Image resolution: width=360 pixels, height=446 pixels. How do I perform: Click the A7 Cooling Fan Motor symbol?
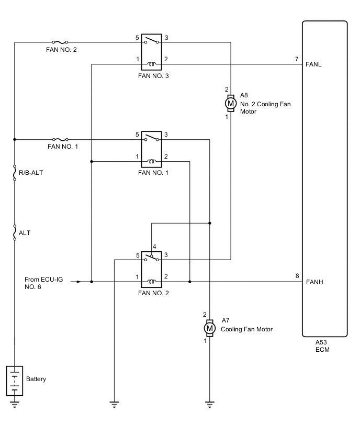(x=209, y=328)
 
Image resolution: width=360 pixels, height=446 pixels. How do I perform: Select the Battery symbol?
(x=15, y=381)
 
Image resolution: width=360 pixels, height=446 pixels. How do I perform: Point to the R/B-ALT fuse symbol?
(x=15, y=172)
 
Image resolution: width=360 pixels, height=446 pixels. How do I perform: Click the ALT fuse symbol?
(x=15, y=232)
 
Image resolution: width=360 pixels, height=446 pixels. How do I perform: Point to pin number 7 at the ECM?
(x=297, y=60)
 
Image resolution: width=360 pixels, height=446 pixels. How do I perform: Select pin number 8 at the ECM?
(x=297, y=276)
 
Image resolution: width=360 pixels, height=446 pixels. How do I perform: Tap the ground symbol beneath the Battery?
(x=15, y=404)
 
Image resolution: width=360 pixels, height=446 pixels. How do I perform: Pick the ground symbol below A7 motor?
(x=209, y=404)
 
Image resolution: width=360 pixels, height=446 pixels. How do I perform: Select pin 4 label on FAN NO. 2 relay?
(x=154, y=246)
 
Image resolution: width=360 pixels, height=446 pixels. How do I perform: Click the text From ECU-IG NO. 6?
(x=43, y=283)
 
